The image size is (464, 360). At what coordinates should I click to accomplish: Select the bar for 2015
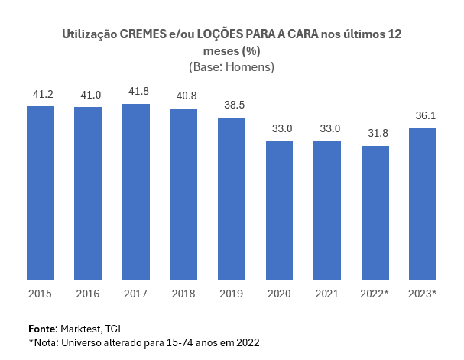tap(41, 193)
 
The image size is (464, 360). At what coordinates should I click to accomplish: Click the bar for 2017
tap(136, 192)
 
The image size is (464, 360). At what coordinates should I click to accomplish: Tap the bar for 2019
tap(232, 199)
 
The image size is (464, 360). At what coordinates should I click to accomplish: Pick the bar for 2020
tap(280, 210)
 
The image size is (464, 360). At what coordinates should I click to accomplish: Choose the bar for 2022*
tap(375, 212)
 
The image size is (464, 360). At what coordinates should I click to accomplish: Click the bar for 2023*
tap(423, 204)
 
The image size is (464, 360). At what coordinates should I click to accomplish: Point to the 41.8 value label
tap(136, 91)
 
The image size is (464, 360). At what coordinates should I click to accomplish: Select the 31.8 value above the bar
tap(375, 133)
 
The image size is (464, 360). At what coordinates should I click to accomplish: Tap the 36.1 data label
tap(423, 115)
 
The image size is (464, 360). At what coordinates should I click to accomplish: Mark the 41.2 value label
tap(41, 93)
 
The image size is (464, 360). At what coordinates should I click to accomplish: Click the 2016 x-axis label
tap(88, 294)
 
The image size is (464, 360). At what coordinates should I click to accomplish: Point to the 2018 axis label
tap(183, 294)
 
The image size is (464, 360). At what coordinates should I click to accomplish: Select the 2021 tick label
tap(327, 294)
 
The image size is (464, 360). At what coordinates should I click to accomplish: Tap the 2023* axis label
tap(423, 294)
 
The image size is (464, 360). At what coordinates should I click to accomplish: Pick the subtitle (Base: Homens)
tap(231, 67)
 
